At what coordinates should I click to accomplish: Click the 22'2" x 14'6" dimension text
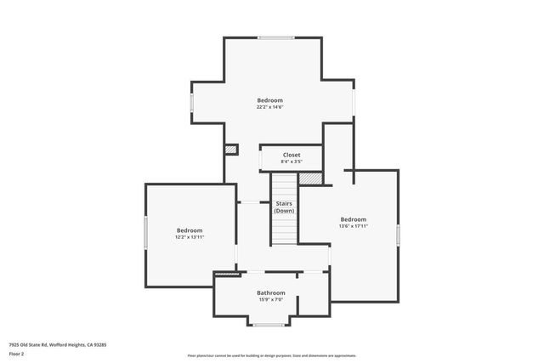270,107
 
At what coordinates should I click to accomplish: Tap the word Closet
292,155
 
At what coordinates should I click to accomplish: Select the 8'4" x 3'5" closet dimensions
292,162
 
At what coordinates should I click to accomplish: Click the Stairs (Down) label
284,207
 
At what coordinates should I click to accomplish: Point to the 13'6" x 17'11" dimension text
353,226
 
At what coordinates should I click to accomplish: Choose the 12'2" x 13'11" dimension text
190,237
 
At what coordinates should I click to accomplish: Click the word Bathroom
271,292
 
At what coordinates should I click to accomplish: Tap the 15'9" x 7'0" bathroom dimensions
271,299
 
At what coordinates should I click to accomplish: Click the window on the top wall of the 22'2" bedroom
276,37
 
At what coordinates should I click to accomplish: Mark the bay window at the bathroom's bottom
269,325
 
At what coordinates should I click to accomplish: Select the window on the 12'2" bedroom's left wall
146,232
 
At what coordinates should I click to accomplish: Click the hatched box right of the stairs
311,179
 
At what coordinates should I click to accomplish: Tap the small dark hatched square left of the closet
230,150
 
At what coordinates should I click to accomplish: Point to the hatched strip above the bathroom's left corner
226,274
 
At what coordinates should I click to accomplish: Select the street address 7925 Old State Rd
58,344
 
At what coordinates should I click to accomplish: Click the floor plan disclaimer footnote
271,355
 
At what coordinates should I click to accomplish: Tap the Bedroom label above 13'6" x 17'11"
353,219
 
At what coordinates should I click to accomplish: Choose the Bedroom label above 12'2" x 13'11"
190,230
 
